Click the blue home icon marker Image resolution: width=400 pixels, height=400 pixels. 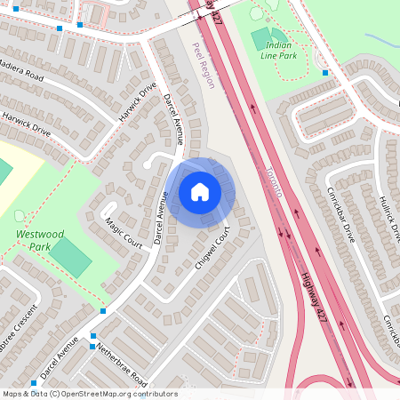pos(200,192)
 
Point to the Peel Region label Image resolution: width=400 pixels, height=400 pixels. pos(203,67)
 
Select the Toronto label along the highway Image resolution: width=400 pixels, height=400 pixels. pos(275,181)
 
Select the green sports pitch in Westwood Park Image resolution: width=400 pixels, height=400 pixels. pos(69,257)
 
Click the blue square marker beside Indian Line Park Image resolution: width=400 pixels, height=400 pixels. pos(326,73)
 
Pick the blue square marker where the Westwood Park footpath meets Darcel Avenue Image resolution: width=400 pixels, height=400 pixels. pos(103,311)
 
